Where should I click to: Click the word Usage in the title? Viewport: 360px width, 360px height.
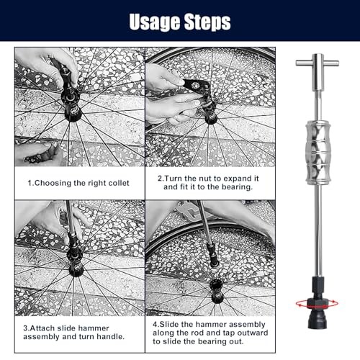coord(155,22)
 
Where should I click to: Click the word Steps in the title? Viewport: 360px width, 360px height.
coord(207,22)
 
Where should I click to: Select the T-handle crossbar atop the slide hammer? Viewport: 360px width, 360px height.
coord(318,63)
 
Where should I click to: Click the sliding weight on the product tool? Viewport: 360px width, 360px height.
coord(318,153)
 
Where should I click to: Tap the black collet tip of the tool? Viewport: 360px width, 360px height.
coord(318,320)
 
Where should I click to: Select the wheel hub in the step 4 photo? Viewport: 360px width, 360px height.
coord(217,291)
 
